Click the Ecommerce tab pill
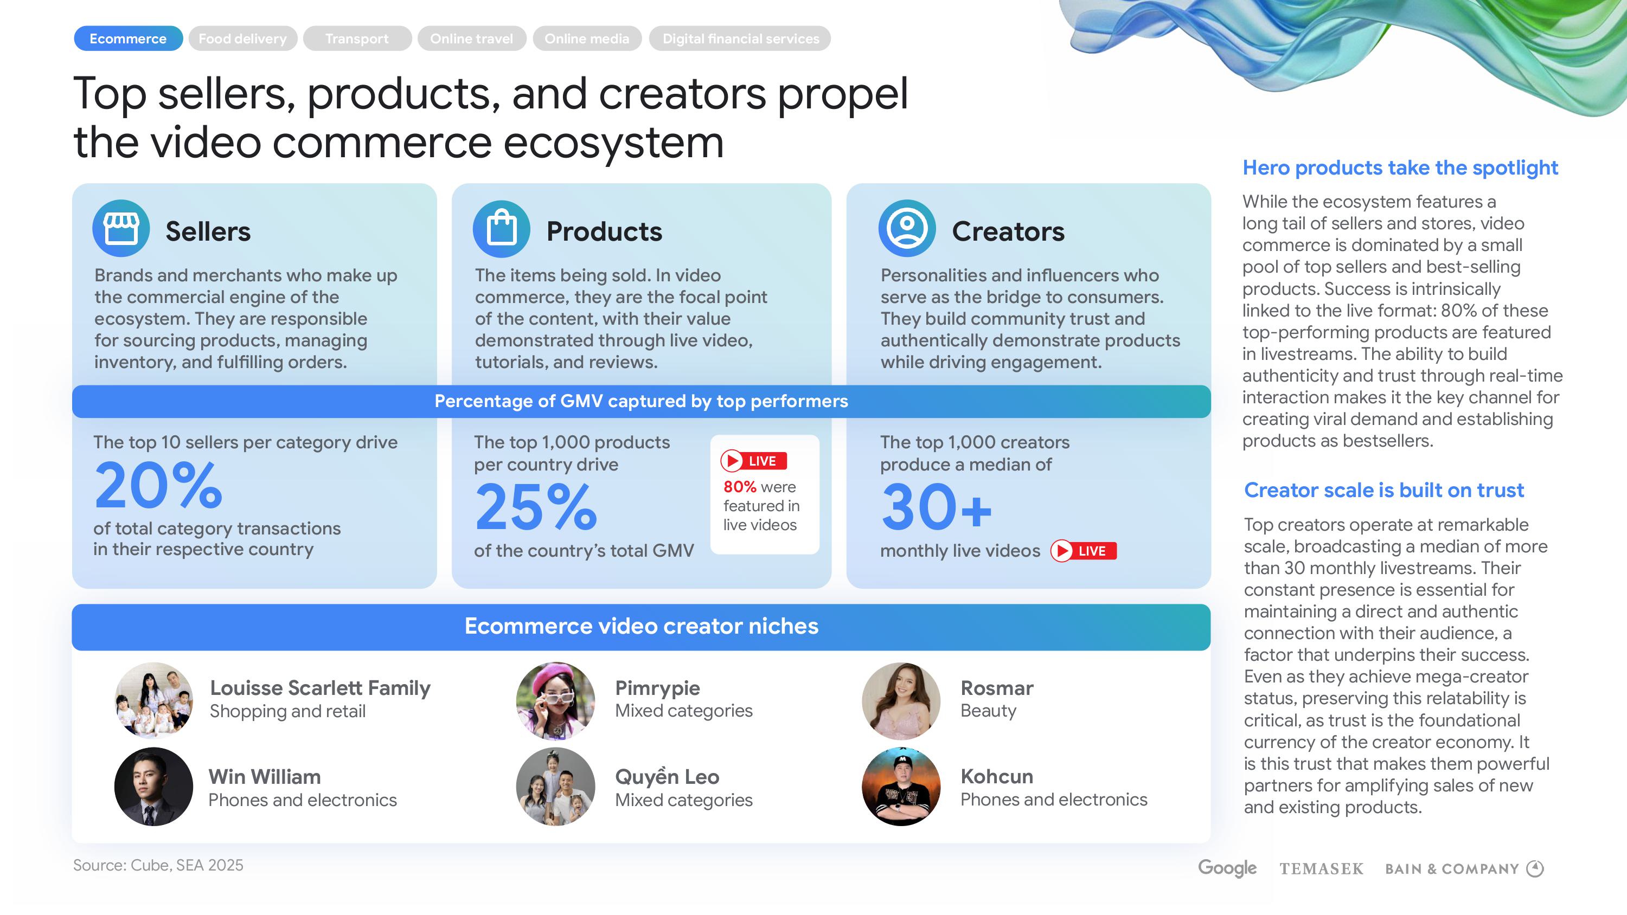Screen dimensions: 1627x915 coord(128,38)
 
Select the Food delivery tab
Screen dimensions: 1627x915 coord(242,38)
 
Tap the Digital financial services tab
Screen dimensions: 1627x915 coord(740,38)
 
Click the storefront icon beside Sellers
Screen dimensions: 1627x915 coord(121,229)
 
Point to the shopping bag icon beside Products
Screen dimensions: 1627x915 coord(502,229)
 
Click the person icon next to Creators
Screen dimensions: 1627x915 coord(907,229)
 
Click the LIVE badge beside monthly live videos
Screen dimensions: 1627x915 coord(1084,551)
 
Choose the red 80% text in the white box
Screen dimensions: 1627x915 coord(740,487)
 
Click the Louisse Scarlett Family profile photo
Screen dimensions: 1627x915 coord(153,700)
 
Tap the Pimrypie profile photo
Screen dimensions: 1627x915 coord(555,700)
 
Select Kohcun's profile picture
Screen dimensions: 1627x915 coord(901,787)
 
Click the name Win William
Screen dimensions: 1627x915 coord(265,777)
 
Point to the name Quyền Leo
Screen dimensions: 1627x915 coord(667,776)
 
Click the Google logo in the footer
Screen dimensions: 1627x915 coord(1227,868)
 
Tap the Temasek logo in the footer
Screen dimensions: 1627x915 coord(1321,869)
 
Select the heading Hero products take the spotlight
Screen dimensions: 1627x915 coord(1400,168)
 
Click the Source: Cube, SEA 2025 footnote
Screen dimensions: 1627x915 coord(158,865)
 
